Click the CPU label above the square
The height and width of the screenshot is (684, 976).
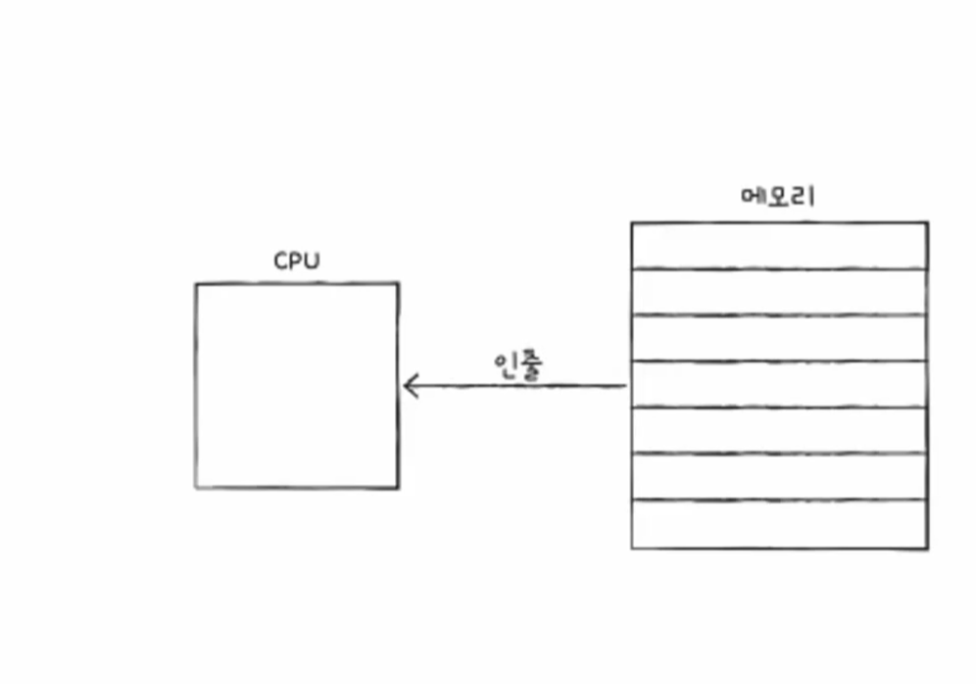296,262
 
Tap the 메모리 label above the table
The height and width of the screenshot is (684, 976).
778,196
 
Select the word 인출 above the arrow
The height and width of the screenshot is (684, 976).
518,365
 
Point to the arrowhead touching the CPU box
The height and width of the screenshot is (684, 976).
407,386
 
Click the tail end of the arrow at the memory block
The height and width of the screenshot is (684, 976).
624,386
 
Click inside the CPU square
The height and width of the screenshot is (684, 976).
296,386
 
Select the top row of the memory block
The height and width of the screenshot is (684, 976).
779,245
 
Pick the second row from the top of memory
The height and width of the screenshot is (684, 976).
779,291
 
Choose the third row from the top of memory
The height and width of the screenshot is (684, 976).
779,338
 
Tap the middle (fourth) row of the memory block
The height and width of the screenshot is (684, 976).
779,384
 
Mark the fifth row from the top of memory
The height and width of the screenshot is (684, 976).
779,430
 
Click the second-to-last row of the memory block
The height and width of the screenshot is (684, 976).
779,476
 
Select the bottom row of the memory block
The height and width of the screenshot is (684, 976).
779,523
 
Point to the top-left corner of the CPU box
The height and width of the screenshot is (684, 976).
196,284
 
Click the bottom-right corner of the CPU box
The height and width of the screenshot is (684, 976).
398,487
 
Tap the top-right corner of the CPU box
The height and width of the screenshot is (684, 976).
398,284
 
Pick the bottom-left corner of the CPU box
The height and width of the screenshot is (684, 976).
196,487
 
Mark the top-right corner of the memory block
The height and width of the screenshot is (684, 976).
927,223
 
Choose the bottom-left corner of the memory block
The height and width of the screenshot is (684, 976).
632,547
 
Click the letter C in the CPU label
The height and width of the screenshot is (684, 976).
280,262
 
